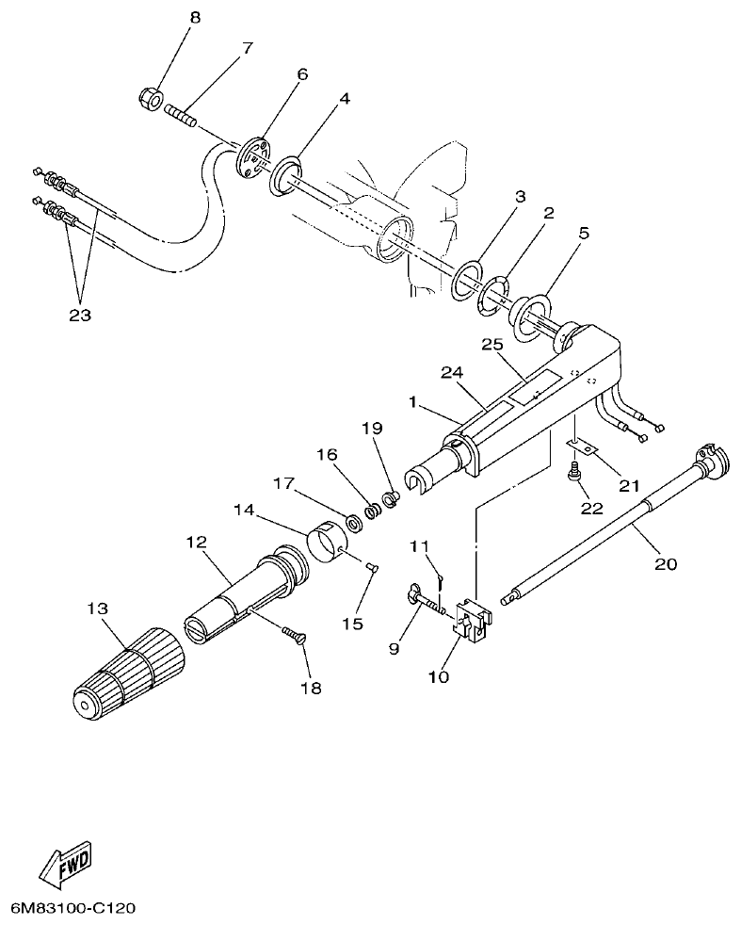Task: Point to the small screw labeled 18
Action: tap(292, 638)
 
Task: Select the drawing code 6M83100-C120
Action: tap(73, 909)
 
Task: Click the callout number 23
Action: tap(79, 316)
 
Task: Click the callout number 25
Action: tap(491, 347)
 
